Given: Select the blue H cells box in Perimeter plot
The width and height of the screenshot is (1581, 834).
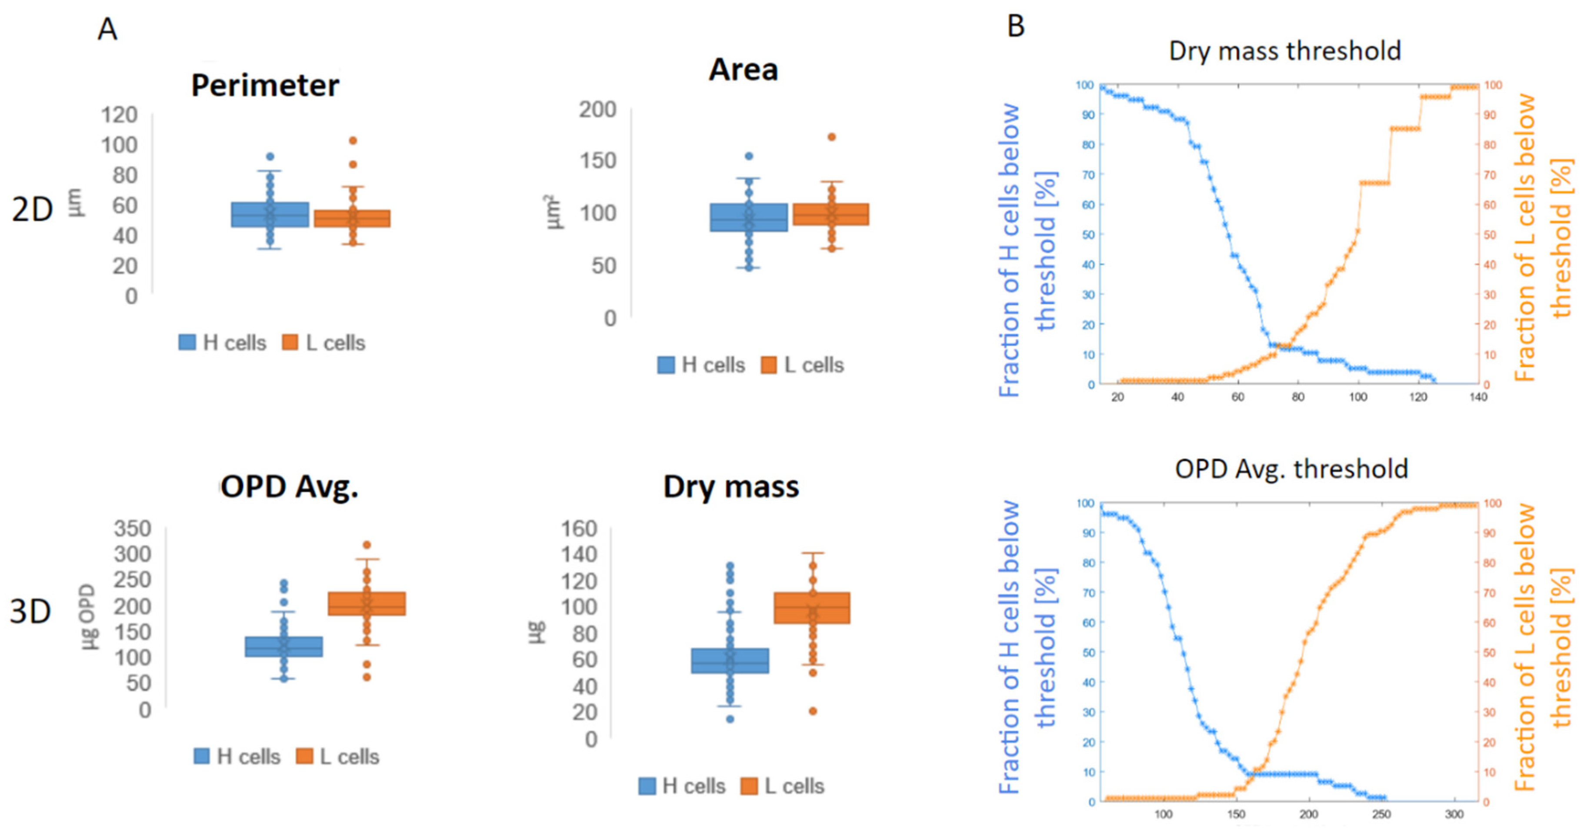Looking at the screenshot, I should (270, 215).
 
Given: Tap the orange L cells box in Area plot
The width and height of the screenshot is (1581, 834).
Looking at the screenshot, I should (831, 214).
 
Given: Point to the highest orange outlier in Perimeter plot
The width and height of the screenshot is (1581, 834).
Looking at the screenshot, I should (353, 140).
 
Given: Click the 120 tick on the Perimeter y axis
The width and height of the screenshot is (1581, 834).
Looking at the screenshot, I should (119, 115).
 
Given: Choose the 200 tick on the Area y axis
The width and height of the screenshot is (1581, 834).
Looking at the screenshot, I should (597, 110).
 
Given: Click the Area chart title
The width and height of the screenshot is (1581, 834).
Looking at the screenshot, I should (743, 69).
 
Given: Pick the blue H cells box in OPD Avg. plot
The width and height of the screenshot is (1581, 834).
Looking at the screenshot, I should (284, 647).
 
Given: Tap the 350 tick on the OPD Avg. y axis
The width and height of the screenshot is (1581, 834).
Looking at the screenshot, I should (132, 528).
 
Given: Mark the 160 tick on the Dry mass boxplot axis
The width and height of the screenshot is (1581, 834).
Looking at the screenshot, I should (578, 528).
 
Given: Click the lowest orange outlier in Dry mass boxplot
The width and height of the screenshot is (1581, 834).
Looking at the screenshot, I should (813, 711).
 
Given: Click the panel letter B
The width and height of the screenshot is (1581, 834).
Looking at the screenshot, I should (1016, 27).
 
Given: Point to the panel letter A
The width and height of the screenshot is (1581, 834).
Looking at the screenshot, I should (107, 29).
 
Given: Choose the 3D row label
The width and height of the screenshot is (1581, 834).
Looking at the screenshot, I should (30, 612).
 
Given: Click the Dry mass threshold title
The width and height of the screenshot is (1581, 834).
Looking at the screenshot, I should (1284, 51).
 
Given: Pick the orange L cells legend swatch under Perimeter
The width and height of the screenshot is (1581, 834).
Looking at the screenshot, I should (290, 343).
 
